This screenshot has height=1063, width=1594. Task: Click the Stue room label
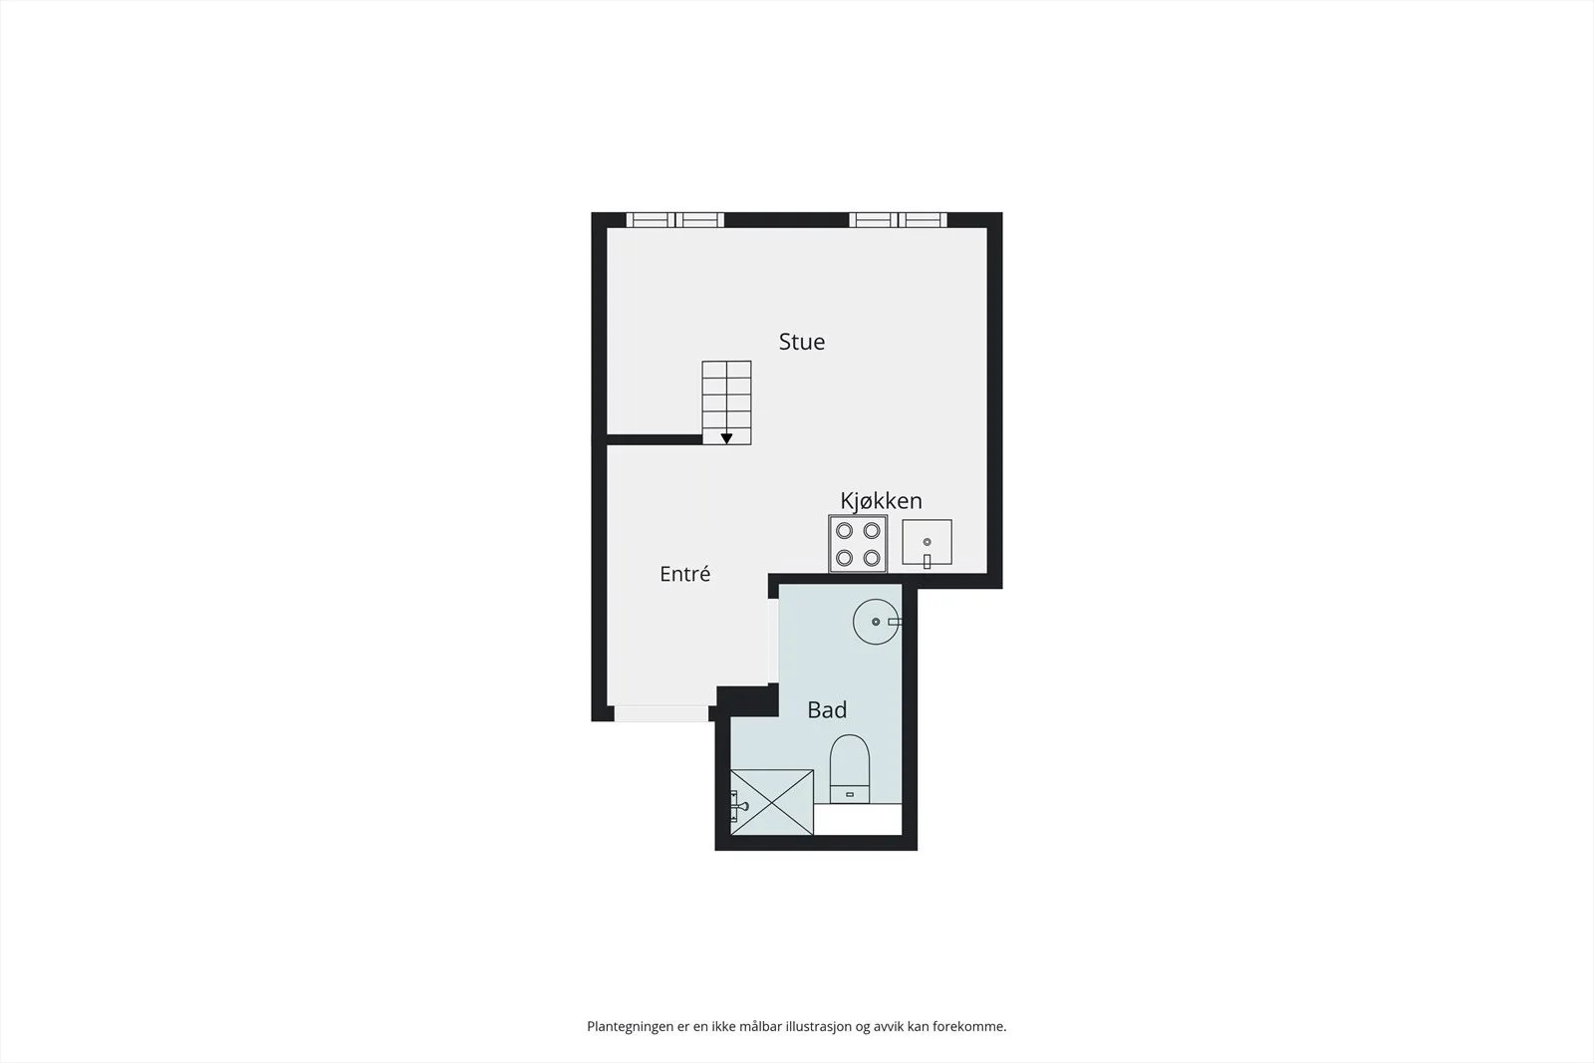[801, 342]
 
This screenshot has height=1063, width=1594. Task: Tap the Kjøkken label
[881, 501]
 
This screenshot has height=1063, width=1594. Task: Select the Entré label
[684, 574]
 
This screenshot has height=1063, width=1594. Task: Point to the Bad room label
[827, 709]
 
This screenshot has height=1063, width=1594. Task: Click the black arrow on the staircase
[726, 438]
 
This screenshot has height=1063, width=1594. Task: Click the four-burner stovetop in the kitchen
[858, 544]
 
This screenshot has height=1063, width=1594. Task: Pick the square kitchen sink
[928, 542]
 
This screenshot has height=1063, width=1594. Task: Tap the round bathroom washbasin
[876, 622]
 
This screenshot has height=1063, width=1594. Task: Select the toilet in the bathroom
[850, 768]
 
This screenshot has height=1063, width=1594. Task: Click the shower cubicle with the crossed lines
[772, 802]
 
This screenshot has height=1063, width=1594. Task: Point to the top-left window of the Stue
[674, 220]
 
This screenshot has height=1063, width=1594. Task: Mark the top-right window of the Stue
[898, 220]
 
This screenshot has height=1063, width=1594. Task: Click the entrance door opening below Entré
[662, 713]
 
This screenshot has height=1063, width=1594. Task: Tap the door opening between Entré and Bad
[773, 642]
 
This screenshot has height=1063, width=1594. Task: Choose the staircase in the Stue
[726, 402]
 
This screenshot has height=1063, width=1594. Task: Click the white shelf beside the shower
[858, 820]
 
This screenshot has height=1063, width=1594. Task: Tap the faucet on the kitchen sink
[928, 561]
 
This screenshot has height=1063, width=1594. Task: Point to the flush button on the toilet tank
[850, 794]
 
